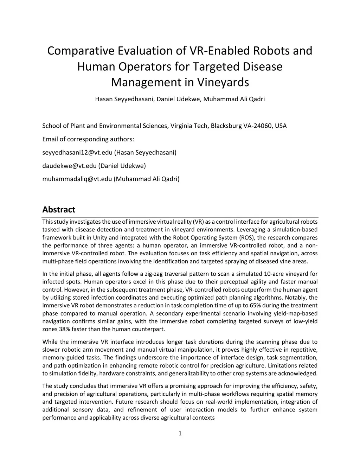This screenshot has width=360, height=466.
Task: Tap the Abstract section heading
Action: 59,210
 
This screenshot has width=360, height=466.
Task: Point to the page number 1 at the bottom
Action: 180,433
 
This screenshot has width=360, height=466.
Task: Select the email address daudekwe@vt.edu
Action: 69,166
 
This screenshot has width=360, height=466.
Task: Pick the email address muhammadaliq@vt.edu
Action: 77,179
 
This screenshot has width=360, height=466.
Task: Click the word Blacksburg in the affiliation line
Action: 226,126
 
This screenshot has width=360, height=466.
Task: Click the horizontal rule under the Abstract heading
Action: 180,217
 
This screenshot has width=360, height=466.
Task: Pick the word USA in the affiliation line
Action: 281,126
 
